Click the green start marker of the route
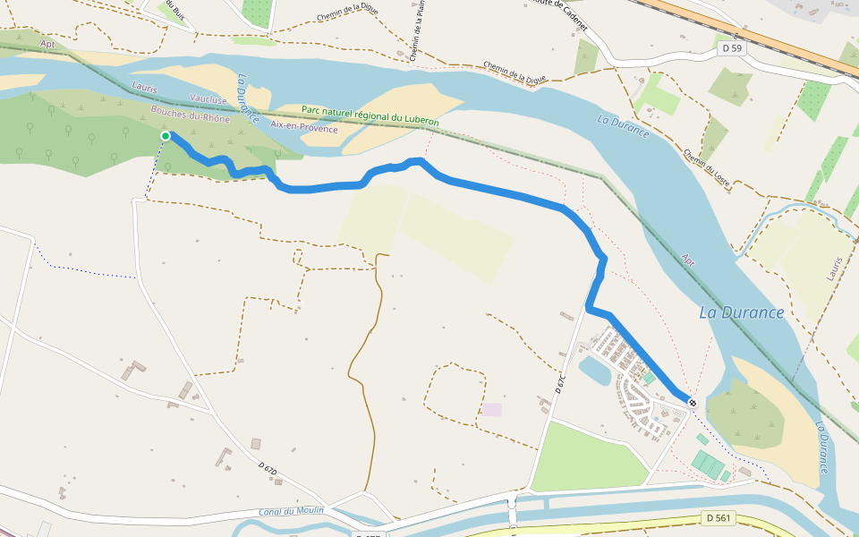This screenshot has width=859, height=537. [166, 136]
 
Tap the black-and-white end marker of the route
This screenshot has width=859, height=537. [692, 403]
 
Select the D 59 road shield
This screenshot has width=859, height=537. [731, 48]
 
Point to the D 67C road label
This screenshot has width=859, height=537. [561, 382]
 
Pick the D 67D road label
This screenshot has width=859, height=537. [268, 469]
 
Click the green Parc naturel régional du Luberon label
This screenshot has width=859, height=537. [370, 115]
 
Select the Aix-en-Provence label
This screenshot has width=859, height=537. [304, 129]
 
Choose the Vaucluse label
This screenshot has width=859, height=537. [208, 99]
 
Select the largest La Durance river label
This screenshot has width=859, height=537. [742, 313]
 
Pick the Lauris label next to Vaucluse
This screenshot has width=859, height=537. [145, 88]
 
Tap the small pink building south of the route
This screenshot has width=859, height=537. [492, 409]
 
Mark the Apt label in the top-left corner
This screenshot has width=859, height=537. [47, 43]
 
